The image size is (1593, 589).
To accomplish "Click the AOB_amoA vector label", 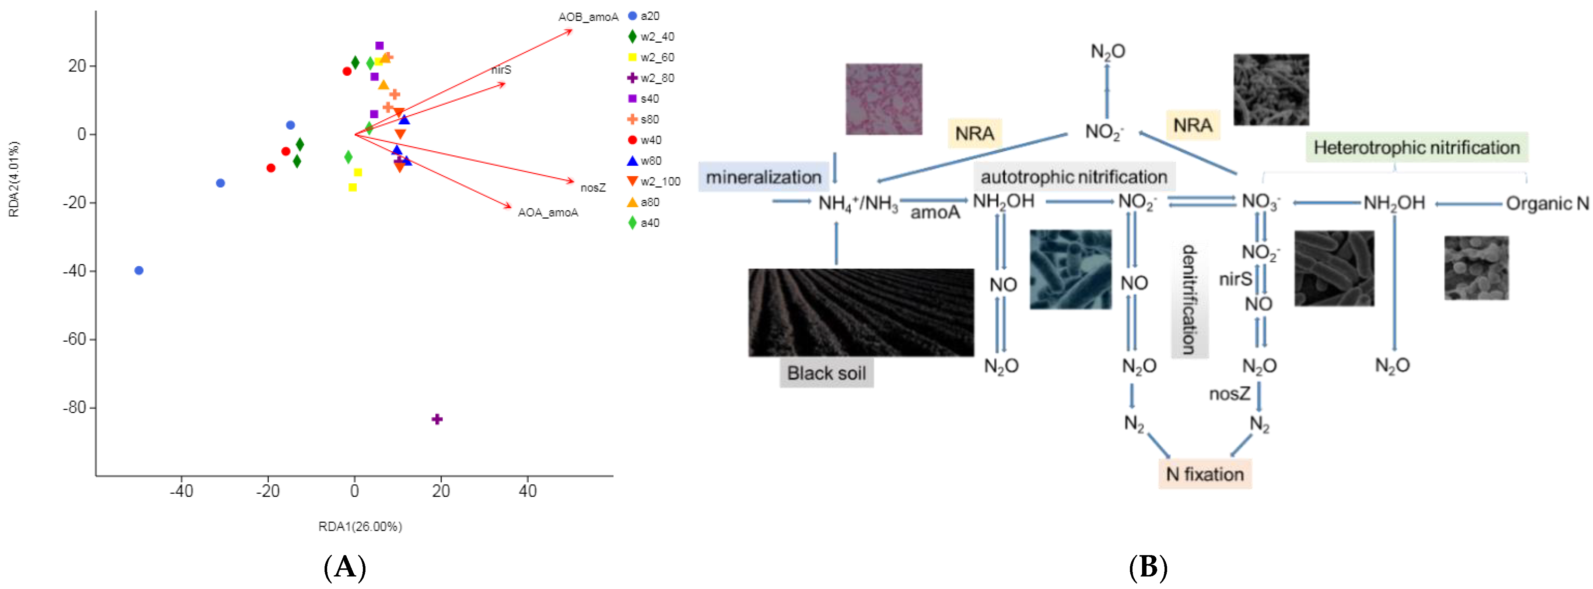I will coord(588,17).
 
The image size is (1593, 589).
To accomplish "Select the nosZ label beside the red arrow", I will coord(592,187).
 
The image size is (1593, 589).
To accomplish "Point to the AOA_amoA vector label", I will coord(547,213).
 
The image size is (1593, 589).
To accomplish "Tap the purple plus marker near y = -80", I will coord(437,419).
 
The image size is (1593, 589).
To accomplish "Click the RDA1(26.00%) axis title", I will coord(360,526).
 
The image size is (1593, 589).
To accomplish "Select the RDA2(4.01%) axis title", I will coord(14,179).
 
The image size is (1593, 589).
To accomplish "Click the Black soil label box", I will coord(826,373).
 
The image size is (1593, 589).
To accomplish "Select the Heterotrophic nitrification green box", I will coord(1416,147).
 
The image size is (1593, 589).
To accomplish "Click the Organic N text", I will coord(1547,203).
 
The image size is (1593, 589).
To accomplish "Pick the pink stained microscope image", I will coord(884,99).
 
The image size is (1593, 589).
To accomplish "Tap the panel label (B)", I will coord(1148,567).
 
